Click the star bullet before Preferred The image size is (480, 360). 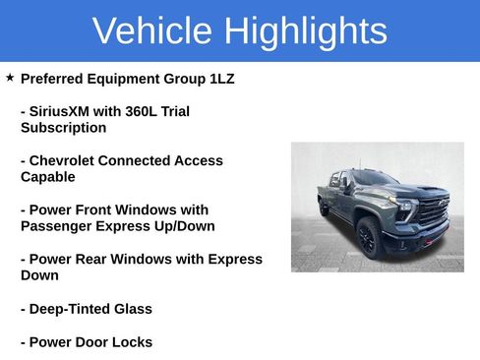10,77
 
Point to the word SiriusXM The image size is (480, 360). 69,111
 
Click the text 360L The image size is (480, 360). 142,111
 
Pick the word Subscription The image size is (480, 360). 63,128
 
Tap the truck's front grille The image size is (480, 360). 433,210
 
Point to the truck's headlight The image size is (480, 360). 403,208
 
